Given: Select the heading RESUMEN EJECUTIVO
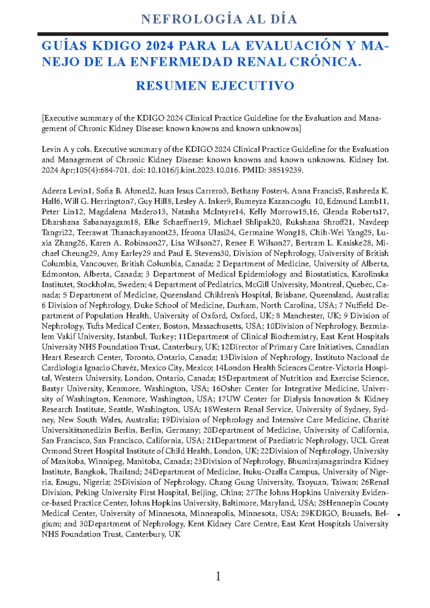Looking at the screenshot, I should (215, 86).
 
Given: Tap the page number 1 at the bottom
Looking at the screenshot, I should (218, 576).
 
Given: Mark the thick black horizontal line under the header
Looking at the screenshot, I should (213, 34).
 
